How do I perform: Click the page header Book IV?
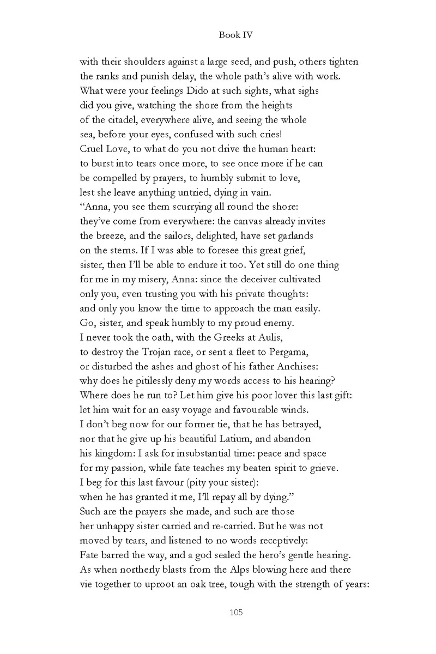pyautogui.click(x=235, y=35)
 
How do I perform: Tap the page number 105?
pyautogui.click(x=235, y=613)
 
